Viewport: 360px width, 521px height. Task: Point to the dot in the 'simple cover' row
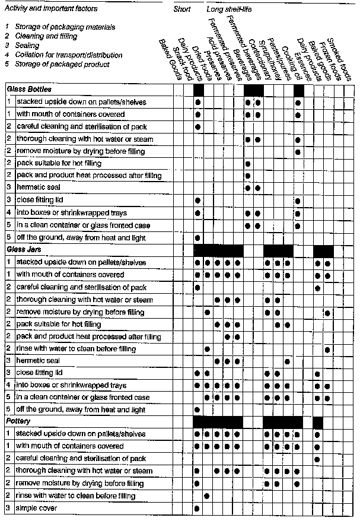(197, 509)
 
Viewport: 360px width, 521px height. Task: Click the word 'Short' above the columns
(182, 10)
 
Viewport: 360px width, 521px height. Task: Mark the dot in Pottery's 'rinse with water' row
(207, 496)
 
